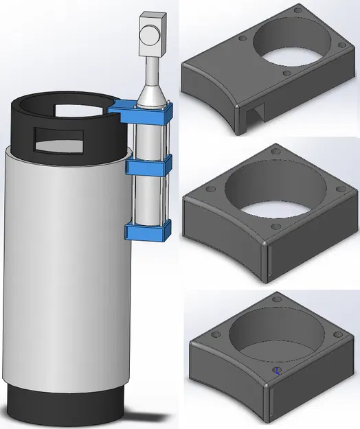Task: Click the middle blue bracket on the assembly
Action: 148,167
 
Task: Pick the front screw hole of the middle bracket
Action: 274,227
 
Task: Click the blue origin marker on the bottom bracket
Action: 277,371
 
